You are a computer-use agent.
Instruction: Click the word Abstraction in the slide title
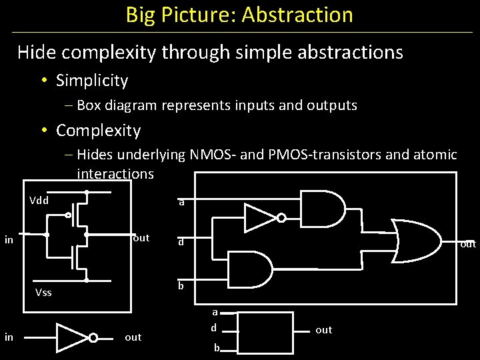(297, 15)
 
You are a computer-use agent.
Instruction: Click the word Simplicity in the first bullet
(92, 81)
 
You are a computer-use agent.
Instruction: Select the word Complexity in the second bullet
(98, 130)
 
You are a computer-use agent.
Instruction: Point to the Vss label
(43, 292)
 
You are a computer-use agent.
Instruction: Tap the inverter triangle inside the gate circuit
(261, 217)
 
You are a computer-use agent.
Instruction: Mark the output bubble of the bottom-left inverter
(93, 337)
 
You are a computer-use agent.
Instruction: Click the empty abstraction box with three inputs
(265, 332)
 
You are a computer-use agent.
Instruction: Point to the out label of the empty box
(323, 330)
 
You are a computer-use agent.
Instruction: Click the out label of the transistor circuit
(141, 238)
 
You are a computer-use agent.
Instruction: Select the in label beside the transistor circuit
(9, 239)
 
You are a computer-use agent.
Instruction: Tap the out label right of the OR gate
(469, 244)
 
